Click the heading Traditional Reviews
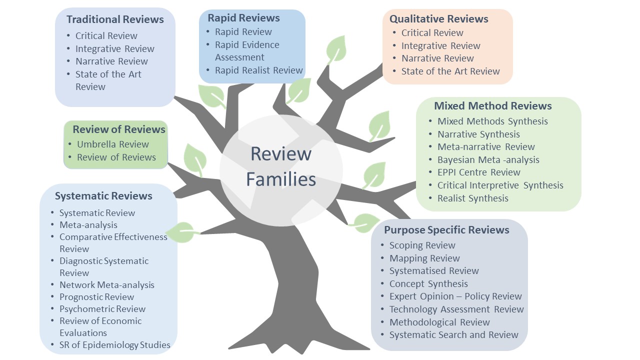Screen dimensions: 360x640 [115, 19]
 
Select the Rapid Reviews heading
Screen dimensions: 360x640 [244, 18]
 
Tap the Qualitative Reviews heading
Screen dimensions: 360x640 [438, 19]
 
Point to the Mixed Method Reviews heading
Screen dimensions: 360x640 [492, 106]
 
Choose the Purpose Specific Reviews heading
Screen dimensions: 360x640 [446, 230]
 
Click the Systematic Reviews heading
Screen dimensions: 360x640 [103, 196]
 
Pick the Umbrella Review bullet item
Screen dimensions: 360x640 [112, 144]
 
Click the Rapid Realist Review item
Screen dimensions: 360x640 [259, 70]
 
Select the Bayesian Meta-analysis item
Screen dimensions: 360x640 [488, 160]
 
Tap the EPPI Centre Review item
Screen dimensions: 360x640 [478, 172]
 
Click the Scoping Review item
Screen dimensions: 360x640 [422, 245]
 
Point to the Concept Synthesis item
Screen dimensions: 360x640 [428, 284]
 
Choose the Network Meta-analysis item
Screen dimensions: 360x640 [106, 285]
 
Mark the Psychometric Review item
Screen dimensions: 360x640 [102, 309]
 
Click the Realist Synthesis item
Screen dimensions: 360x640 [472, 198]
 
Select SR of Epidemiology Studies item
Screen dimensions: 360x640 [114, 345]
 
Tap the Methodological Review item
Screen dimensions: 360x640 [439, 322]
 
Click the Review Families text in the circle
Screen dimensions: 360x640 [281, 166]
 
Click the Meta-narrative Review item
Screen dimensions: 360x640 [486, 147]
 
